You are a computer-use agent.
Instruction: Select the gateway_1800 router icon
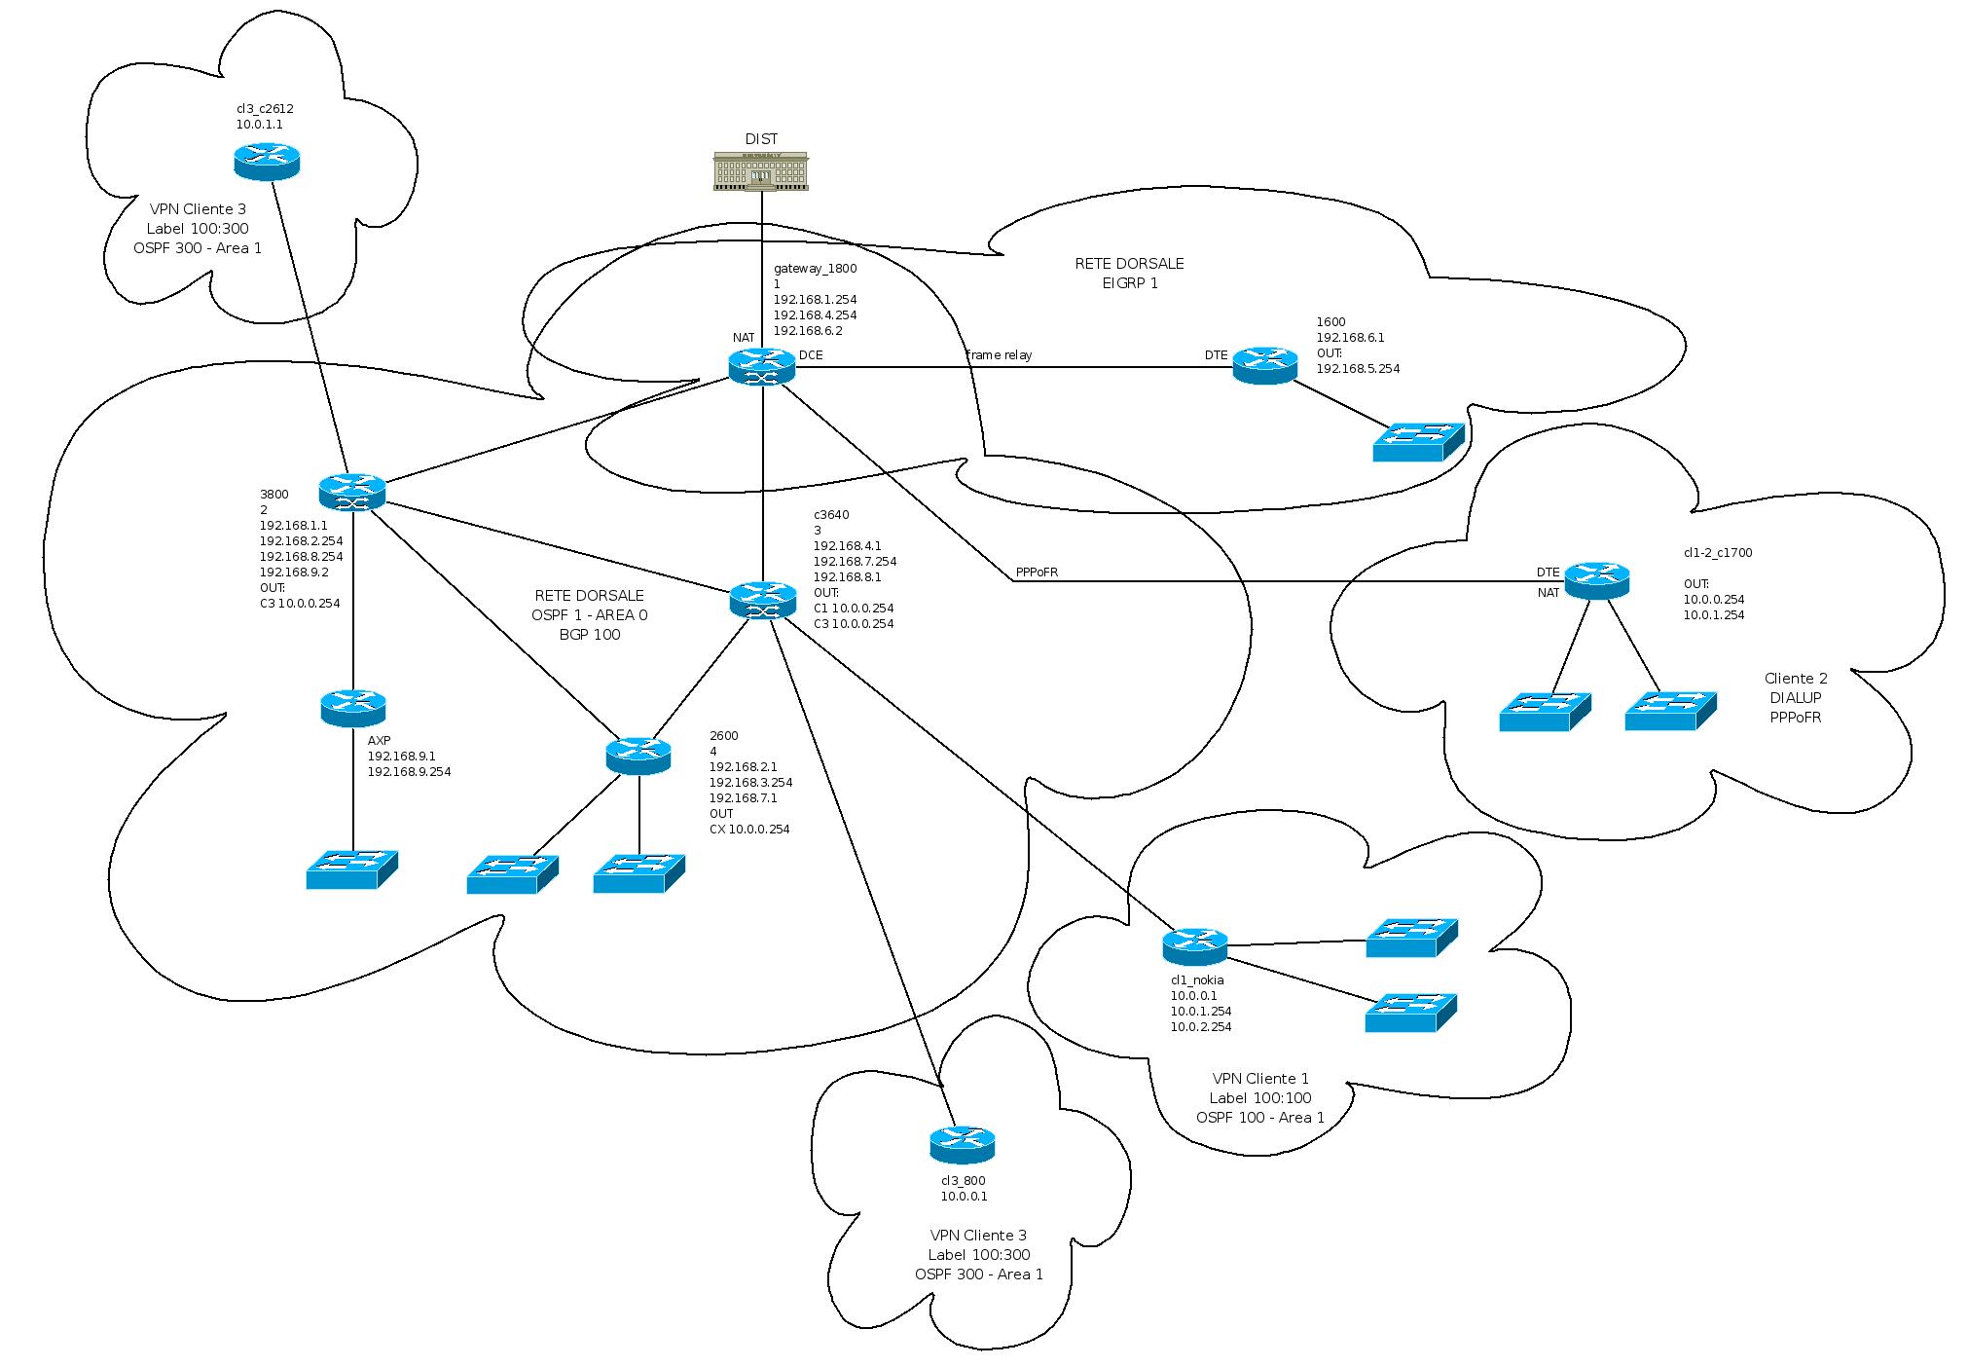(x=761, y=367)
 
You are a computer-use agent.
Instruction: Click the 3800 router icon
(x=352, y=492)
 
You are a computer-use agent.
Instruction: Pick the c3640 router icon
(x=762, y=599)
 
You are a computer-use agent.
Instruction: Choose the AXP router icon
(x=352, y=707)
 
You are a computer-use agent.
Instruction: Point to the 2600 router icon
(x=638, y=755)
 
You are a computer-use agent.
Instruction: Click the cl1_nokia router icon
(x=1194, y=945)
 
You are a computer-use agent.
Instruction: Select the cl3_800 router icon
(x=962, y=1144)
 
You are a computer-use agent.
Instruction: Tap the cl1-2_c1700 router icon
(x=1596, y=580)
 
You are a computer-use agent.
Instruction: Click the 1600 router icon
(x=1264, y=365)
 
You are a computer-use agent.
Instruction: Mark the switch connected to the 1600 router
(x=1418, y=442)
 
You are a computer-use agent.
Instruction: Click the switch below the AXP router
(x=351, y=868)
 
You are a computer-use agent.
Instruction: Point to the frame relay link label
(x=999, y=355)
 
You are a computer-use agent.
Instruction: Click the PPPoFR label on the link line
(x=1036, y=573)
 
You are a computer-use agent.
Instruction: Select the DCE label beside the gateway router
(x=810, y=355)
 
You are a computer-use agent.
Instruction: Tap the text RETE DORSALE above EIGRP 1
(x=1129, y=264)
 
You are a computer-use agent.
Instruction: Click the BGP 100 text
(x=589, y=635)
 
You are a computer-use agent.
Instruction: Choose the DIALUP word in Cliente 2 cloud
(x=1796, y=698)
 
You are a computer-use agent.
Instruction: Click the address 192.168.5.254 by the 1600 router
(x=1358, y=369)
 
